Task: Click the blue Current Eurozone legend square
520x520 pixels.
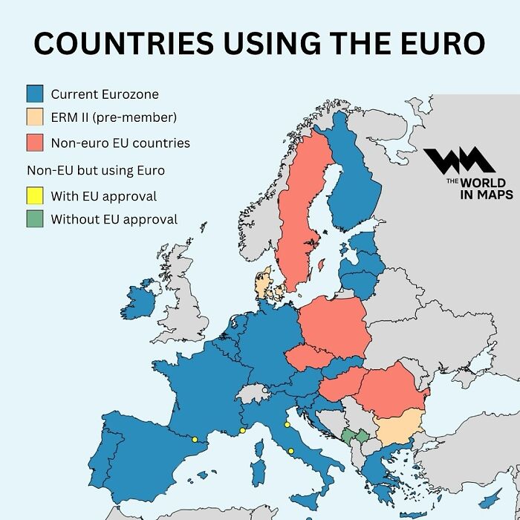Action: click(x=34, y=94)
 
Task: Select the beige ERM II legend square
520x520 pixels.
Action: click(x=34, y=117)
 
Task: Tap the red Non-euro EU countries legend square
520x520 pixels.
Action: click(x=34, y=142)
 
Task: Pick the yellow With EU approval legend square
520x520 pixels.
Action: click(x=34, y=197)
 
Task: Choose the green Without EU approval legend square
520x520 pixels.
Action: click(x=34, y=220)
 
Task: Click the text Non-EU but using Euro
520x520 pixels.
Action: click(x=95, y=170)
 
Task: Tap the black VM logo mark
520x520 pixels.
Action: click(x=459, y=163)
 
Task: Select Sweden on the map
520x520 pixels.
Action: click(x=302, y=215)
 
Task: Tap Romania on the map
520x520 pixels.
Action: click(x=390, y=390)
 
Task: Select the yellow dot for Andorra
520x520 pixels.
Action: click(x=195, y=440)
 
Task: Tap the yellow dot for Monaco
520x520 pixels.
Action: click(x=242, y=431)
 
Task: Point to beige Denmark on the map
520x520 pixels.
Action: click(x=264, y=286)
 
